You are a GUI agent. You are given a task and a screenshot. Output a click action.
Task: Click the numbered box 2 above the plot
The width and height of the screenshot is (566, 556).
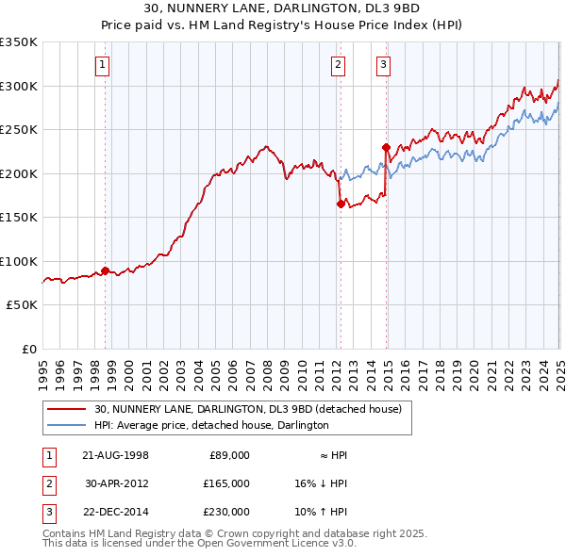[338, 65]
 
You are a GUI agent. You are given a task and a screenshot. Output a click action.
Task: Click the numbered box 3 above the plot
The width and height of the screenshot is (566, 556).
[384, 65]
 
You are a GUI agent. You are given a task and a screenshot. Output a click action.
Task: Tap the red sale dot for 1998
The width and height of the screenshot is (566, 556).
[105, 270]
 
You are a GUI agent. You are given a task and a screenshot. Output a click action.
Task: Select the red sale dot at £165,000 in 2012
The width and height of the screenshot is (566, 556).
[340, 204]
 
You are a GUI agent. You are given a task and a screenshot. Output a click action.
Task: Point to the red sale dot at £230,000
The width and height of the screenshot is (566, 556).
[386, 147]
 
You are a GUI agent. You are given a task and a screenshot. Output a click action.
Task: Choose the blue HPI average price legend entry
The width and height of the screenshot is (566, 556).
[211, 425]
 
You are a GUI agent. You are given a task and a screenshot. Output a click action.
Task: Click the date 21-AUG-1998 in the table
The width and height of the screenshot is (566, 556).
[116, 455]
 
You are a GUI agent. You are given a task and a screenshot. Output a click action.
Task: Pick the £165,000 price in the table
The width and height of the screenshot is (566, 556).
[225, 483]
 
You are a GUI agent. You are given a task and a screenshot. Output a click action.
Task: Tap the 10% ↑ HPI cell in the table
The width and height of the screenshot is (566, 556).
[321, 512]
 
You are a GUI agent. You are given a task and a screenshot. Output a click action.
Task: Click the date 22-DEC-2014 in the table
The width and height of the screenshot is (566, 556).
[116, 512]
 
